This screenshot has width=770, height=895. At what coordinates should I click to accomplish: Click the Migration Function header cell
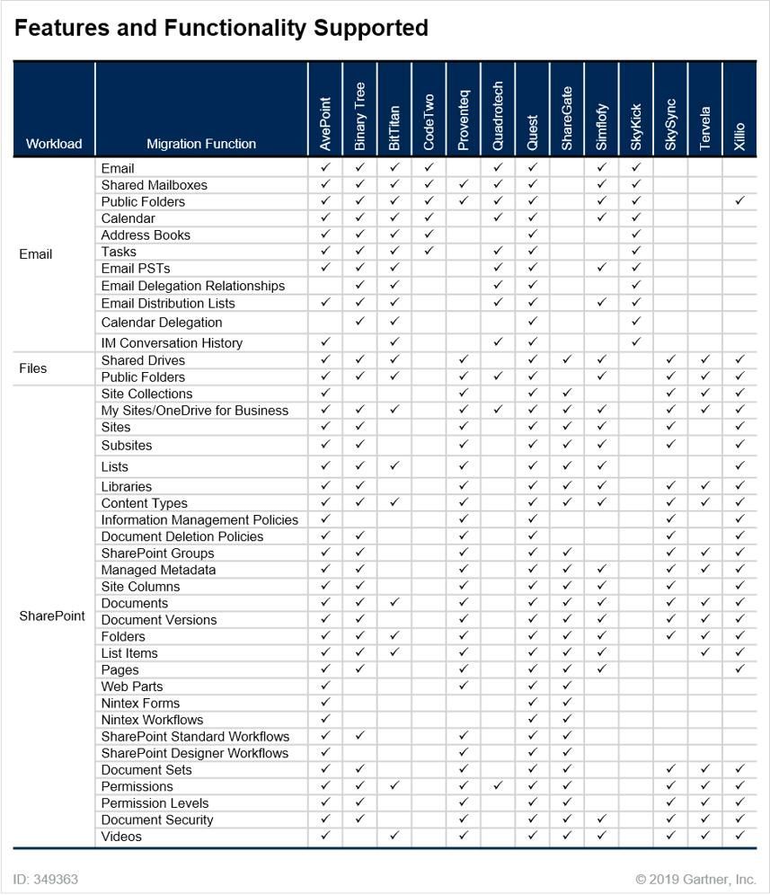(x=201, y=144)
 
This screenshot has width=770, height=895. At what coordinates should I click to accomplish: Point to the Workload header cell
(x=54, y=144)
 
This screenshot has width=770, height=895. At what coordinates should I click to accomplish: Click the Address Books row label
(x=146, y=235)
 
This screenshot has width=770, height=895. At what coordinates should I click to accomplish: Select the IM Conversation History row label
(x=172, y=342)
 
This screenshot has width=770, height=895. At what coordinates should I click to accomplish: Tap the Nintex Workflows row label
(x=152, y=720)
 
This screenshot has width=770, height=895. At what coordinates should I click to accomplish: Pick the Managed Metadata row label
(x=158, y=570)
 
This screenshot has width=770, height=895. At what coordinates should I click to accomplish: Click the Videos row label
(x=121, y=837)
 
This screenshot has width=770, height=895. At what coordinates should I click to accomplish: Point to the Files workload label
(x=32, y=368)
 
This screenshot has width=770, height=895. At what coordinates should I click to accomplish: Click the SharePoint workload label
(x=52, y=616)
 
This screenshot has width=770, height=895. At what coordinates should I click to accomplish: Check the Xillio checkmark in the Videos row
(x=739, y=836)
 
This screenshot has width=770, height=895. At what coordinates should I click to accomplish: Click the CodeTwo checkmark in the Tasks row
(x=429, y=252)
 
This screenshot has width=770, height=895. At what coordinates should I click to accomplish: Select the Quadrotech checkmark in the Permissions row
(x=498, y=786)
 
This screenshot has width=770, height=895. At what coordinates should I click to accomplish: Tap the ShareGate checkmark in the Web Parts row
(x=567, y=687)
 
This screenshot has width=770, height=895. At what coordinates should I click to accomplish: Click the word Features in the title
(x=57, y=29)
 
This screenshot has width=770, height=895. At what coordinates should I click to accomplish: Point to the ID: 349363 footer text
(x=46, y=880)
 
